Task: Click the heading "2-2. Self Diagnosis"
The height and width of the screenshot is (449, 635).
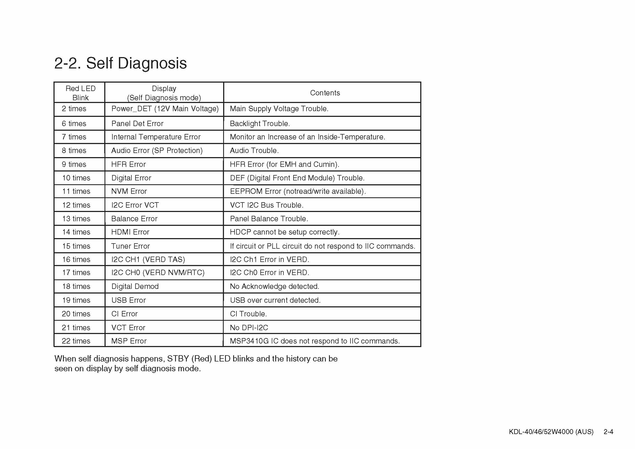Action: [x=120, y=63]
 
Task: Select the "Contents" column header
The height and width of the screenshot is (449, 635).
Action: [x=325, y=93]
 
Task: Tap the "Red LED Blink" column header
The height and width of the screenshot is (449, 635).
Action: [x=80, y=93]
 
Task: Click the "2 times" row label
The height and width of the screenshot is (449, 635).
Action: [x=74, y=109]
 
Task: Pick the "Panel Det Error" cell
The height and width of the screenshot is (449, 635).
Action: [x=137, y=123]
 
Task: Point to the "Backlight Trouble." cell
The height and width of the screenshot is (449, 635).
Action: [x=260, y=123]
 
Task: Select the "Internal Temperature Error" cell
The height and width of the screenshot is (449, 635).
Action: [x=156, y=137]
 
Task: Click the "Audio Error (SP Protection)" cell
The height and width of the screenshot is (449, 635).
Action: [x=157, y=151]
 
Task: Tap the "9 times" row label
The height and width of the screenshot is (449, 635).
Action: [x=74, y=164]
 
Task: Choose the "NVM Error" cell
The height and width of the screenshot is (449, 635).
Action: [x=129, y=191]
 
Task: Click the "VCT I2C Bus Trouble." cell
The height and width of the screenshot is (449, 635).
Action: [x=266, y=205]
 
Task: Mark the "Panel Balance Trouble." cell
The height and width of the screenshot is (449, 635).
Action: [x=268, y=219]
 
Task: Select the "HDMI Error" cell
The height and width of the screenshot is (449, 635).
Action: [x=130, y=232]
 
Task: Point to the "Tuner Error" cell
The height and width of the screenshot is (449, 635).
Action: [x=130, y=246]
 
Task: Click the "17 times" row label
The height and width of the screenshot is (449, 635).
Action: [x=76, y=273]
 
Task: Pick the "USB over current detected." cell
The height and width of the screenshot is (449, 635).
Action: [x=275, y=300]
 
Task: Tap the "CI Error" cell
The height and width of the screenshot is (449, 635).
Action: [x=124, y=314]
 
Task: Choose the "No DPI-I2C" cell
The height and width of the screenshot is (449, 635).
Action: [x=249, y=328]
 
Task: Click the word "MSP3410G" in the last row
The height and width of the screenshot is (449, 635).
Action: [x=249, y=341]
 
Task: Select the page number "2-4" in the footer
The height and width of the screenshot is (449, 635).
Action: [x=608, y=432]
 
